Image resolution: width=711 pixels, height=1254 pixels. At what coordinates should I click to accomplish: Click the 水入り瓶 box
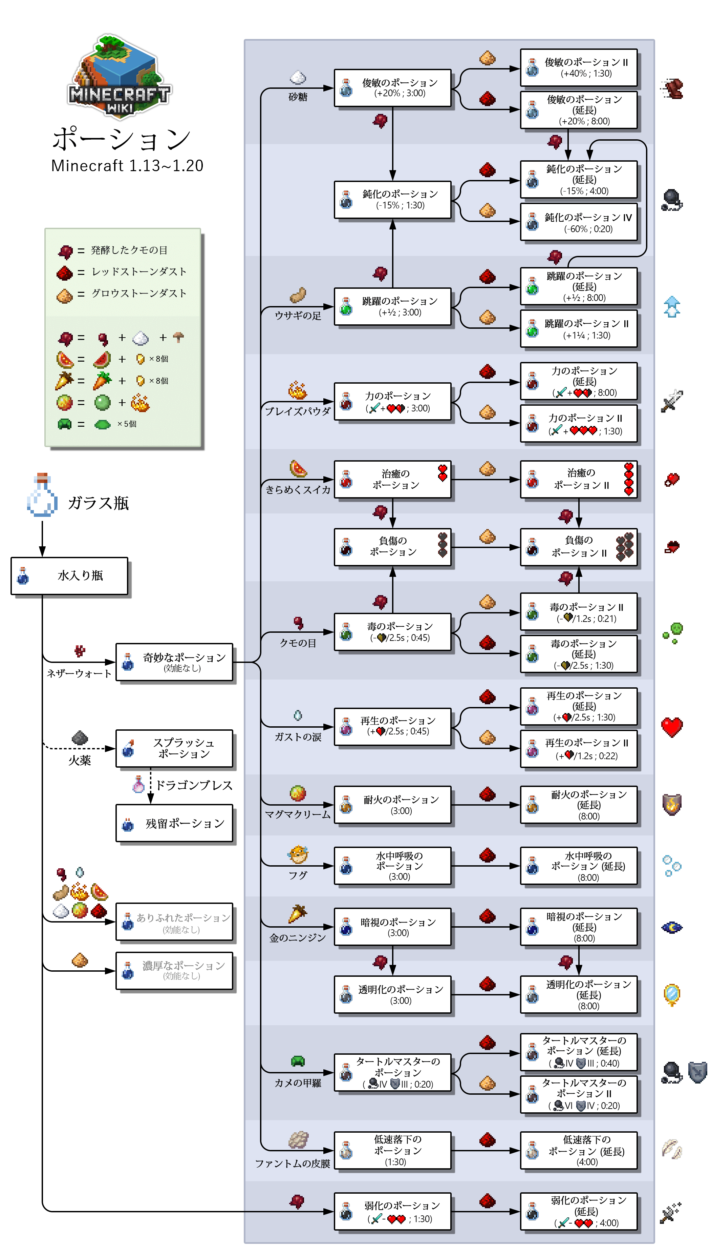pos(69,576)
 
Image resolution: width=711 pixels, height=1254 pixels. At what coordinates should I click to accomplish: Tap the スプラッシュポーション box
pos(174,748)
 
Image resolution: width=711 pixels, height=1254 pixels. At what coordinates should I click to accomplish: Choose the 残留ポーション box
pos(174,824)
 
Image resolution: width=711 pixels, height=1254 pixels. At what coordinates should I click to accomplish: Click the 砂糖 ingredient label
pos(298,97)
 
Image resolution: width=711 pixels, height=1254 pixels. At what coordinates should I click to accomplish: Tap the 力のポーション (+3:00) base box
pos(393,402)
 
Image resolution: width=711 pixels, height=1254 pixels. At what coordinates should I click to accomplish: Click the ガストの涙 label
pos(298,737)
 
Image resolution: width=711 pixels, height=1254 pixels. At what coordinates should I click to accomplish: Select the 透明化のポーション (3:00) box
pos(393,994)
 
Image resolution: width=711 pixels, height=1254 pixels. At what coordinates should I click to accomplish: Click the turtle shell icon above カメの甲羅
pos(298,1061)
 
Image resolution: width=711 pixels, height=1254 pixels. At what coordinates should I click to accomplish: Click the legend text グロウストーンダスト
pos(139,293)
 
